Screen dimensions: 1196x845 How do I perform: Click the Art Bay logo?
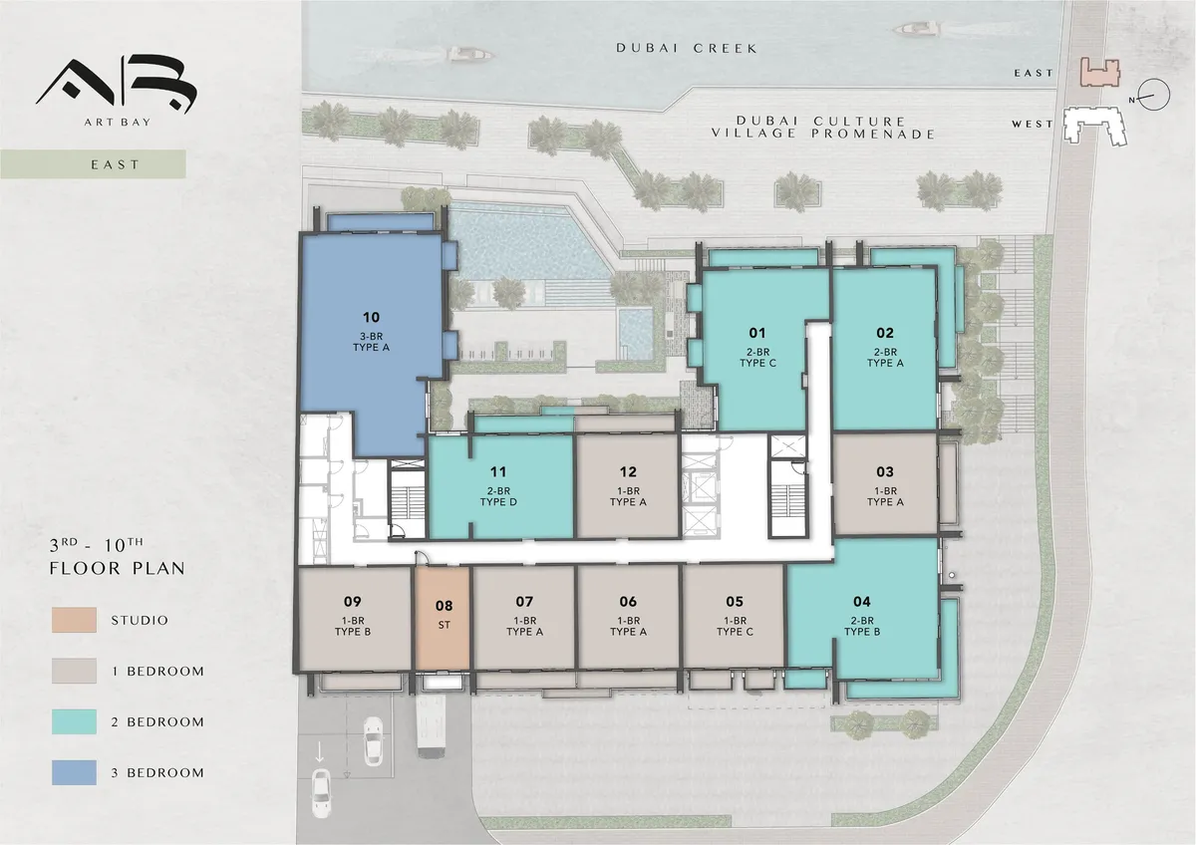click(x=117, y=91)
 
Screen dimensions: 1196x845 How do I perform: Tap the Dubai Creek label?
click(x=687, y=48)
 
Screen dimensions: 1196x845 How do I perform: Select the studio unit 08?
click(x=444, y=618)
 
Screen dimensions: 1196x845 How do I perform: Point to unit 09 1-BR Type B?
click(x=354, y=618)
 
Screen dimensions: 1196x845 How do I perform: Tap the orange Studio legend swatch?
click(x=74, y=620)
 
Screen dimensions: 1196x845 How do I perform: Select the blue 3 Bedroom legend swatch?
click(x=74, y=772)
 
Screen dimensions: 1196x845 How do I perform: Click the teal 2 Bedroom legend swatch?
click(x=74, y=721)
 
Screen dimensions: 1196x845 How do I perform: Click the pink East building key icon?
click(x=1100, y=73)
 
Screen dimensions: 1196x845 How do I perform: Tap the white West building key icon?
click(x=1095, y=126)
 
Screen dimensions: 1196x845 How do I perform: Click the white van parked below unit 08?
click(x=431, y=726)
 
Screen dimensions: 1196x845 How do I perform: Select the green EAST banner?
click(x=93, y=164)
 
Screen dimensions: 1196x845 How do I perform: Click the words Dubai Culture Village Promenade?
click(x=823, y=128)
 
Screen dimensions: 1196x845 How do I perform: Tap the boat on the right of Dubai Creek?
click(x=916, y=28)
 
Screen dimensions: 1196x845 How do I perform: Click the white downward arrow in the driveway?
click(x=319, y=751)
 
